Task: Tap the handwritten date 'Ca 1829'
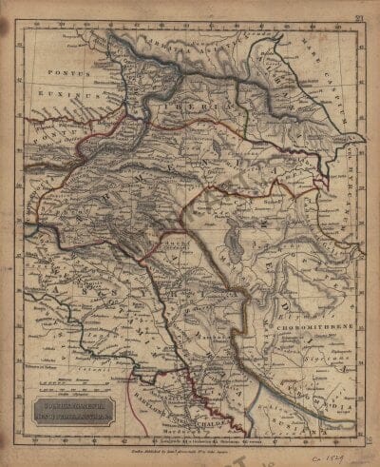(x=340, y=454)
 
